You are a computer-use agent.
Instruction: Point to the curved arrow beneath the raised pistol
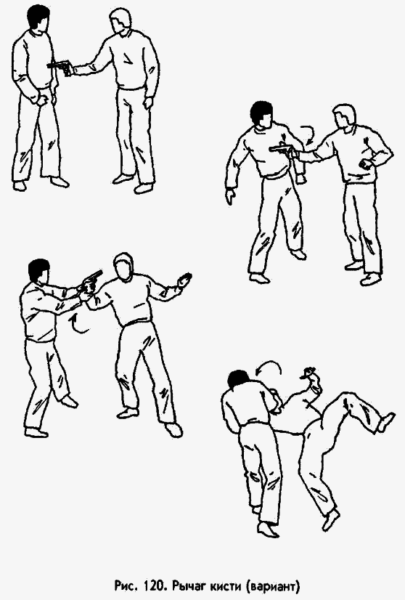(79, 323)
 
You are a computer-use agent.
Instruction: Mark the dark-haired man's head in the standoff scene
(36, 18)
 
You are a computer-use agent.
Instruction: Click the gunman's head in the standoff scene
(121, 23)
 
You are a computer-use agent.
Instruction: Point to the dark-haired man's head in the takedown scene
(237, 381)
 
